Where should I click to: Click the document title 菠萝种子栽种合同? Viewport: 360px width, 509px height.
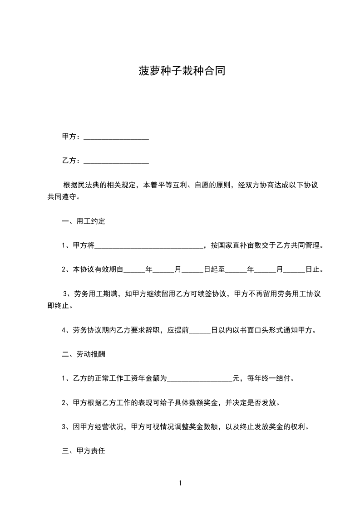click(182, 71)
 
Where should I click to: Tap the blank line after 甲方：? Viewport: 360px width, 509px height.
click(117, 137)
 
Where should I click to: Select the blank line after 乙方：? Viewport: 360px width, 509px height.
click(117, 161)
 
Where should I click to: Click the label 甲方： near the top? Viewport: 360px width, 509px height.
click(72, 137)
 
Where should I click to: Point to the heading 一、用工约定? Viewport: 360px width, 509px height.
click(84, 222)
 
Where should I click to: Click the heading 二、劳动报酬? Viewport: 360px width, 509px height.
click(84, 353)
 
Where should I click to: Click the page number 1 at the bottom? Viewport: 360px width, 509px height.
click(180, 483)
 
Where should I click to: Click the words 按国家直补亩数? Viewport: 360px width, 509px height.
click(237, 246)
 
